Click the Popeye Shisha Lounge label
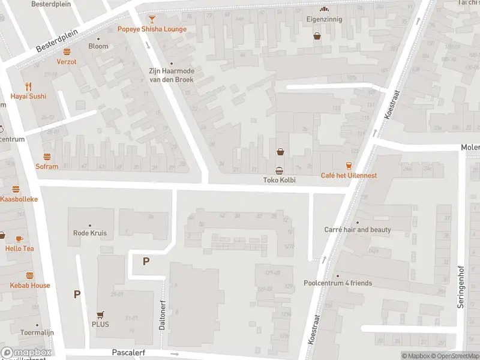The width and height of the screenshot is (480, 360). tap(152, 29)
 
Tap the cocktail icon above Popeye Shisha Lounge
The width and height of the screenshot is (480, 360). tap(152, 19)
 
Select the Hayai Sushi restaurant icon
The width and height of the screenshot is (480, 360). tap(28, 86)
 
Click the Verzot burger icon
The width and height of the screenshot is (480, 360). tap(67, 52)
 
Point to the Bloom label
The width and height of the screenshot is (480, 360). tap(98, 46)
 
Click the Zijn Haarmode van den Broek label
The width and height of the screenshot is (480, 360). tap(172, 75)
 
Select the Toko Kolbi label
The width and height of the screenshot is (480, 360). tap(280, 179)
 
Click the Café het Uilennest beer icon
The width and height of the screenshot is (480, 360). tap(348, 165)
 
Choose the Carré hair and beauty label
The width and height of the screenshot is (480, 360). tap(358, 229)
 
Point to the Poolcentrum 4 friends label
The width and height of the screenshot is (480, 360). tap(338, 283)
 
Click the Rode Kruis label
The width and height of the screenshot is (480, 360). tap(89, 233)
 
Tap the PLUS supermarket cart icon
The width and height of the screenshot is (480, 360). tap(100, 314)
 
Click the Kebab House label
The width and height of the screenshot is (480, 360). tap(29, 285)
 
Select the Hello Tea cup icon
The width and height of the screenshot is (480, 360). tap(19, 238)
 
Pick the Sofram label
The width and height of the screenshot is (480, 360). tap(47, 166)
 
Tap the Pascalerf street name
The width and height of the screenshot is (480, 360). tap(128, 353)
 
